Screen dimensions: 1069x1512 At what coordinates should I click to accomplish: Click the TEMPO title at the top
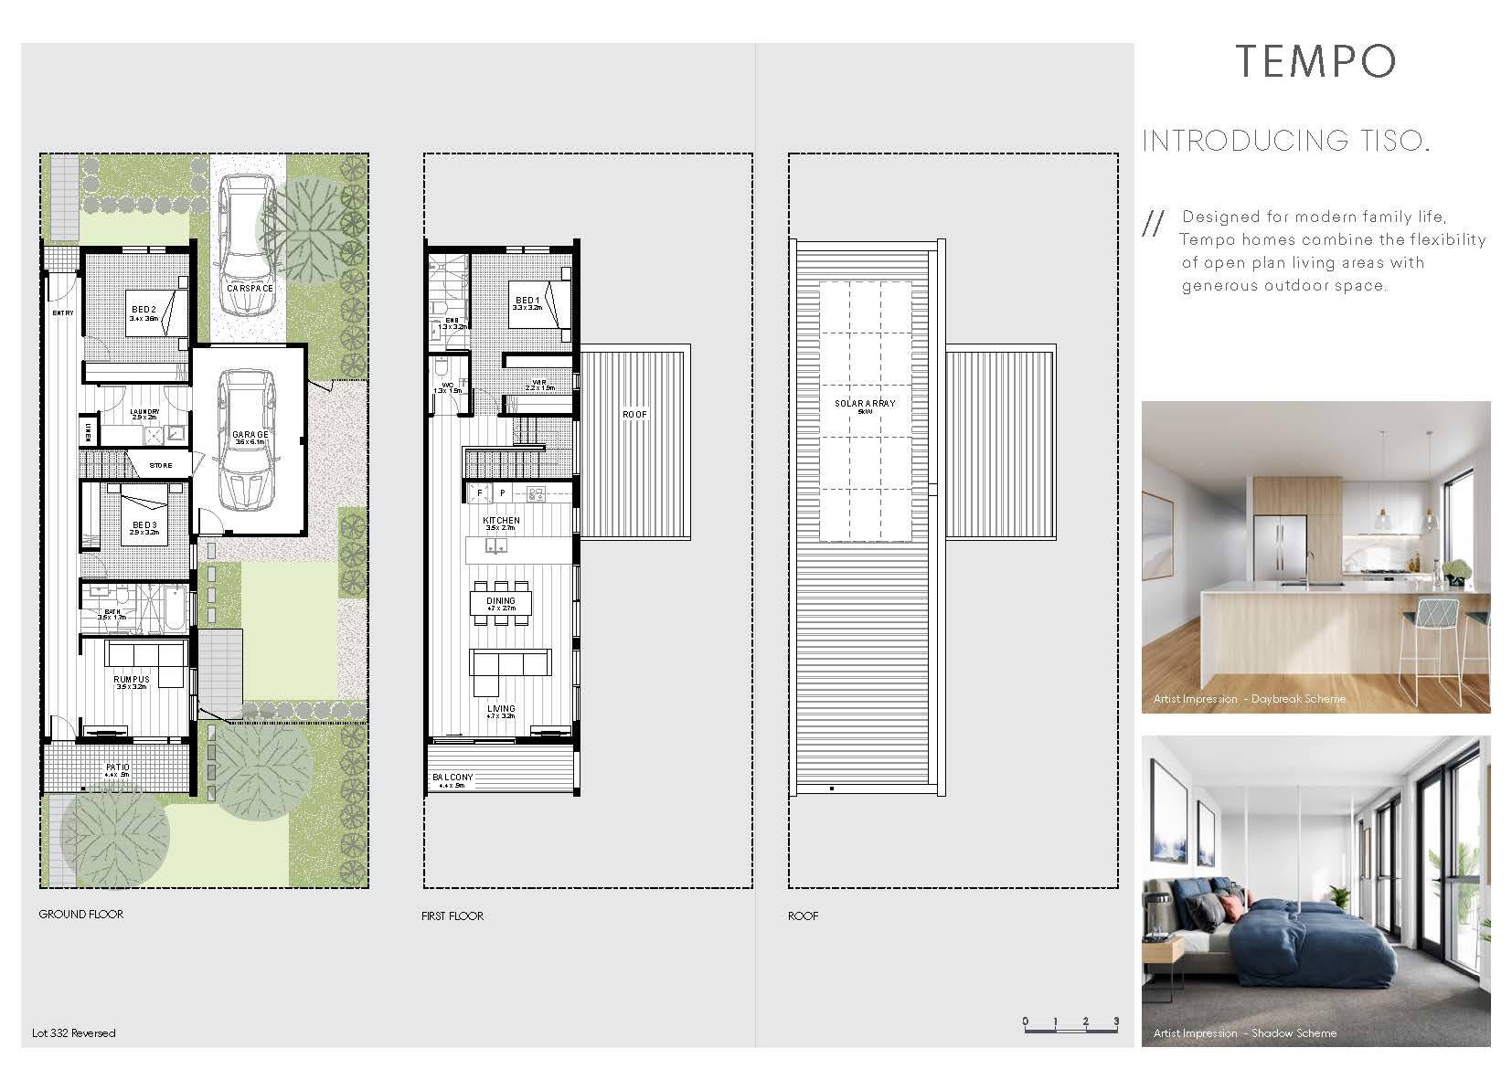pos(1315,61)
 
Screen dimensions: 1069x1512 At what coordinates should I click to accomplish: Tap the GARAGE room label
pos(250,435)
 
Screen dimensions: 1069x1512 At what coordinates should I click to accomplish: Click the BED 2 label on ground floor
pos(144,310)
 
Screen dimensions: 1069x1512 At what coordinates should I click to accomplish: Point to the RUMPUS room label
pos(132,680)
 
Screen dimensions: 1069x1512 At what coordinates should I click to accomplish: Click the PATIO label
pos(118,768)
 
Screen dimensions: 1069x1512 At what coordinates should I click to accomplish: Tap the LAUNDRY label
pos(144,412)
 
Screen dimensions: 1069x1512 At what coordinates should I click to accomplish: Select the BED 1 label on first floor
pos(527,301)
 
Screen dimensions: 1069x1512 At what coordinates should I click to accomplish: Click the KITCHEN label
pos(501,521)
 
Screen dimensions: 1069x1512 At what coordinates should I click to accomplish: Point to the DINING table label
pos(500,601)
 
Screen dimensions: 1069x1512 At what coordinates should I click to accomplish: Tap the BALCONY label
pos(453,778)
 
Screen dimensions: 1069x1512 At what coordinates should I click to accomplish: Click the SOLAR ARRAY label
pos(865,403)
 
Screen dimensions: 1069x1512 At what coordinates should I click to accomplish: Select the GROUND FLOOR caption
pos(80,914)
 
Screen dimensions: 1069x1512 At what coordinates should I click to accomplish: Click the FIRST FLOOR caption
pos(453,916)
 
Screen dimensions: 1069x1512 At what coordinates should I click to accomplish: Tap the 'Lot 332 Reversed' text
pos(74,1033)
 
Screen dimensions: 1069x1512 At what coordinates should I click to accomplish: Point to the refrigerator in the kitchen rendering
pos(1278,550)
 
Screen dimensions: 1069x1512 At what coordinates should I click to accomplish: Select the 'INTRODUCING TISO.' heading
pos(1285,141)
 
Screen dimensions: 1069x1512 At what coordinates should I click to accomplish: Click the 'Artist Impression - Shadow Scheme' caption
pos(1244,1033)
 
